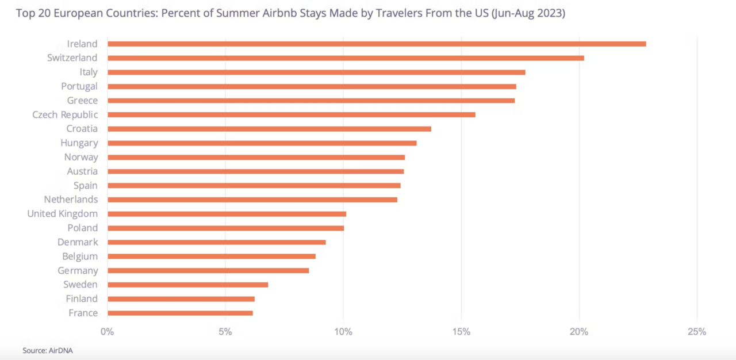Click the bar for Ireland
377,44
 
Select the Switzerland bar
346,58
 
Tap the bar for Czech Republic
292,114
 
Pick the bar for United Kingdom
227,214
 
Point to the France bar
180,313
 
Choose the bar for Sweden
187,285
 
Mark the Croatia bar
269,129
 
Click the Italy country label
89,72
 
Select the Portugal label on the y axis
79,86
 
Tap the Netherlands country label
71,200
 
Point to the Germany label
78,270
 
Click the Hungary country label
79,143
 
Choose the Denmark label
78,242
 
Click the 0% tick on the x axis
108,332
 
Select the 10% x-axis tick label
343,332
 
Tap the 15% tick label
461,332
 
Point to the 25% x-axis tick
697,332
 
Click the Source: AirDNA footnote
48,350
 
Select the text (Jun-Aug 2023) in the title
528,13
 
